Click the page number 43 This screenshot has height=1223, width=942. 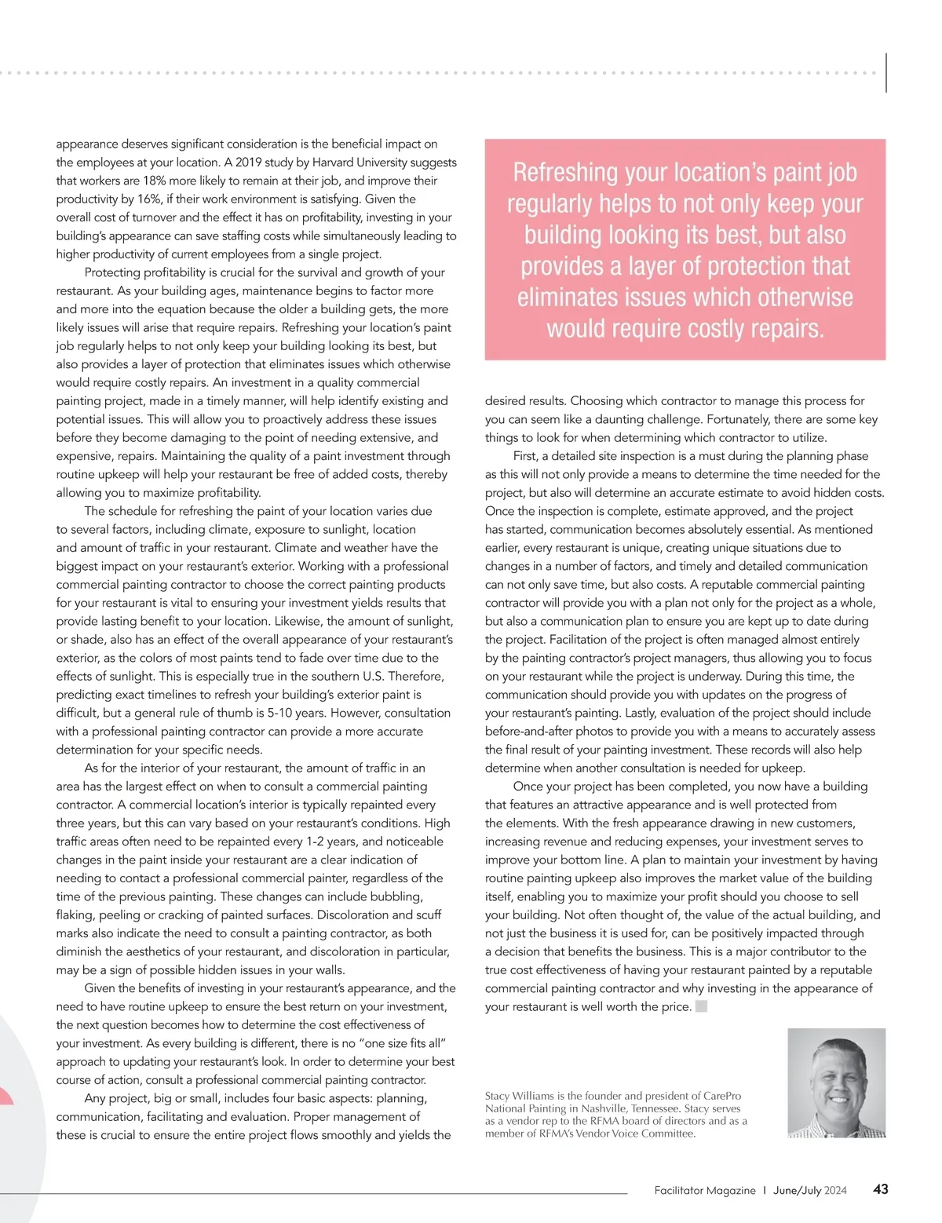(881, 1189)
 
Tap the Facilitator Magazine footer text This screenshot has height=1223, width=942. (705, 1190)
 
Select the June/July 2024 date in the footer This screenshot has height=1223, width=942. (810, 1190)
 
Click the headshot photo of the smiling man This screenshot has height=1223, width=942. (836, 1082)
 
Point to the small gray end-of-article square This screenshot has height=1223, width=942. (701, 1006)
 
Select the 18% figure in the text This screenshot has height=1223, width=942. (155, 181)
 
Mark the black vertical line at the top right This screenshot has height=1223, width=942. (886, 73)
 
